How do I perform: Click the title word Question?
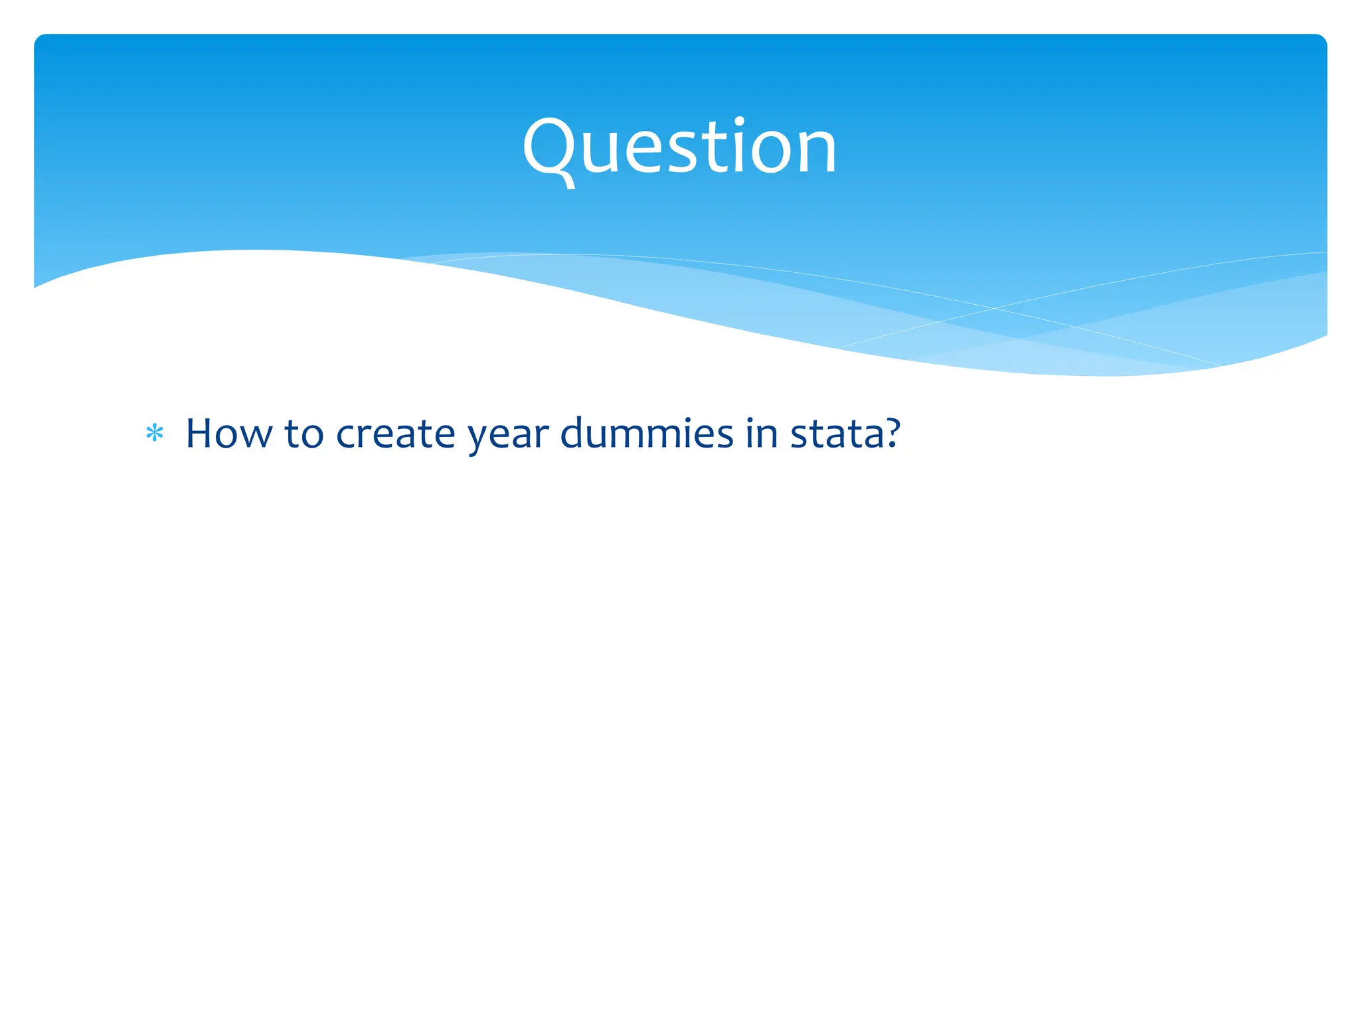[x=679, y=147]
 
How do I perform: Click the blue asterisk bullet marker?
[x=155, y=434]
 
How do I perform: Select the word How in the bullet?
[x=228, y=434]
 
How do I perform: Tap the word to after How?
[x=304, y=435]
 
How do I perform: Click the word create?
[x=396, y=435]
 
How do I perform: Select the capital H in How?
[x=200, y=434]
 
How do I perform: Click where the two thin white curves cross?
[x=994, y=308]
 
